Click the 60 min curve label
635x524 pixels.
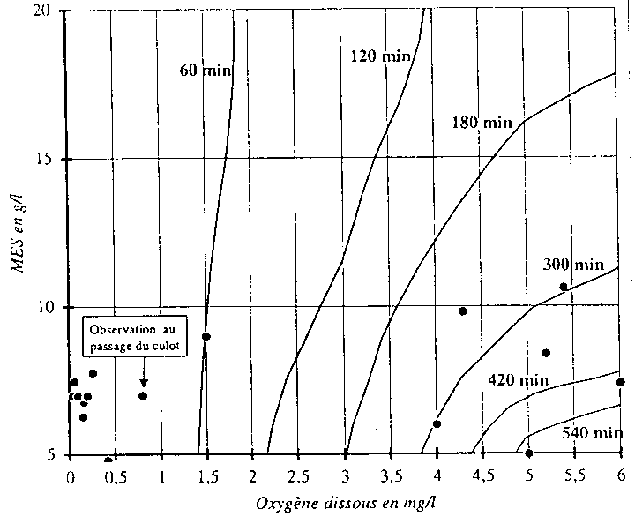(202, 69)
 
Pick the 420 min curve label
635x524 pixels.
(518, 379)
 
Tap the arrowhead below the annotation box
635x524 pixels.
(143, 382)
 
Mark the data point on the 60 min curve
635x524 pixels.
(206, 336)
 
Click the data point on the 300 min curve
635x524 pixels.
(564, 287)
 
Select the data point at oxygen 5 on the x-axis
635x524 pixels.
(529, 453)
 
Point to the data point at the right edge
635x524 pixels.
(621, 382)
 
